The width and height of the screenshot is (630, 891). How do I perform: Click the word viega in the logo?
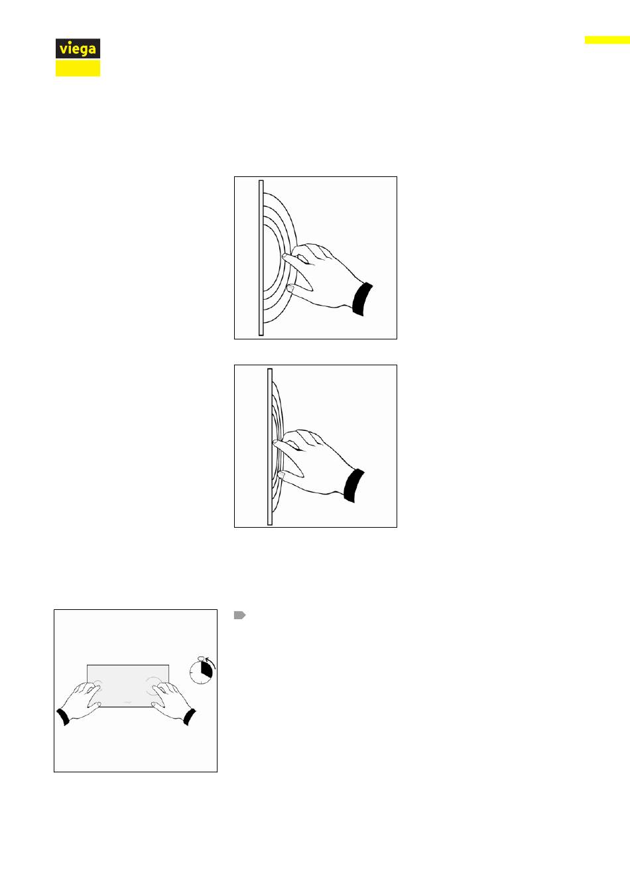pos(78,49)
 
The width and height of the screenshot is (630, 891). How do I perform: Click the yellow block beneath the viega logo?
pos(78,68)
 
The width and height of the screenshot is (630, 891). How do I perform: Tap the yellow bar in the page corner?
pos(607,40)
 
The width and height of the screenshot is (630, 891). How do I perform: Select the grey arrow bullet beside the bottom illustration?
pos(239,615)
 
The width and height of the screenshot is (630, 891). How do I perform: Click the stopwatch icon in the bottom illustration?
pos(202,670)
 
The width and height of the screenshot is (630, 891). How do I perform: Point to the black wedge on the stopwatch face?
pos(206,669)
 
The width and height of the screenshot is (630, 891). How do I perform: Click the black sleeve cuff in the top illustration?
pos(363,299)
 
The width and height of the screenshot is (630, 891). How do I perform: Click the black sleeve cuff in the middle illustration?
pos(354,486)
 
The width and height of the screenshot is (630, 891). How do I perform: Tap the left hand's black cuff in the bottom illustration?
pos(63,717)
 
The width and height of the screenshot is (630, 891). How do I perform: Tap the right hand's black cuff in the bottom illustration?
pos(190,717)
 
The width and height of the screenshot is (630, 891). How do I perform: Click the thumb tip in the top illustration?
pos(290,288)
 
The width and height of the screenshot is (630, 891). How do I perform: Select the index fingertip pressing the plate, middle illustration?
pos(275,442)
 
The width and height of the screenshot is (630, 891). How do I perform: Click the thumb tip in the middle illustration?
pos(281,475)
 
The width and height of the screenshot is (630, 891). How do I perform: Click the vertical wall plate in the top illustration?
pos(261,258)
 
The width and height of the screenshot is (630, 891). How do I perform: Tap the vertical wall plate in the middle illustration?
pos(270,447)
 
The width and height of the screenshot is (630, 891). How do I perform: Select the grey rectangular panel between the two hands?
pos(128,685)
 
